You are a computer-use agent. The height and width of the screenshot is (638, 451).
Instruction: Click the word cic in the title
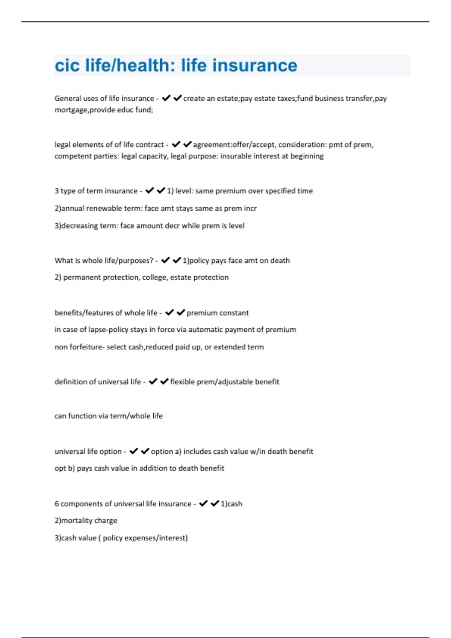[x=67, y=65]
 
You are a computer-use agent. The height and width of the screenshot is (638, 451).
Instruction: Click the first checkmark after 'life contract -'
[x=176, y=144]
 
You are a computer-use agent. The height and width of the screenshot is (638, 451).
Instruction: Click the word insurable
[x=236, y=156]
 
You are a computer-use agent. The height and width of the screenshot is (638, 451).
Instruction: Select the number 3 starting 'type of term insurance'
[x=57, y=191]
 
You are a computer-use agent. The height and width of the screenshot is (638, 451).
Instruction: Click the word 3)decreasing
[x=76, y=226]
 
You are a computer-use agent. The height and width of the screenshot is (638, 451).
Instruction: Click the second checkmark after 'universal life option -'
[x=145, y=451]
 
